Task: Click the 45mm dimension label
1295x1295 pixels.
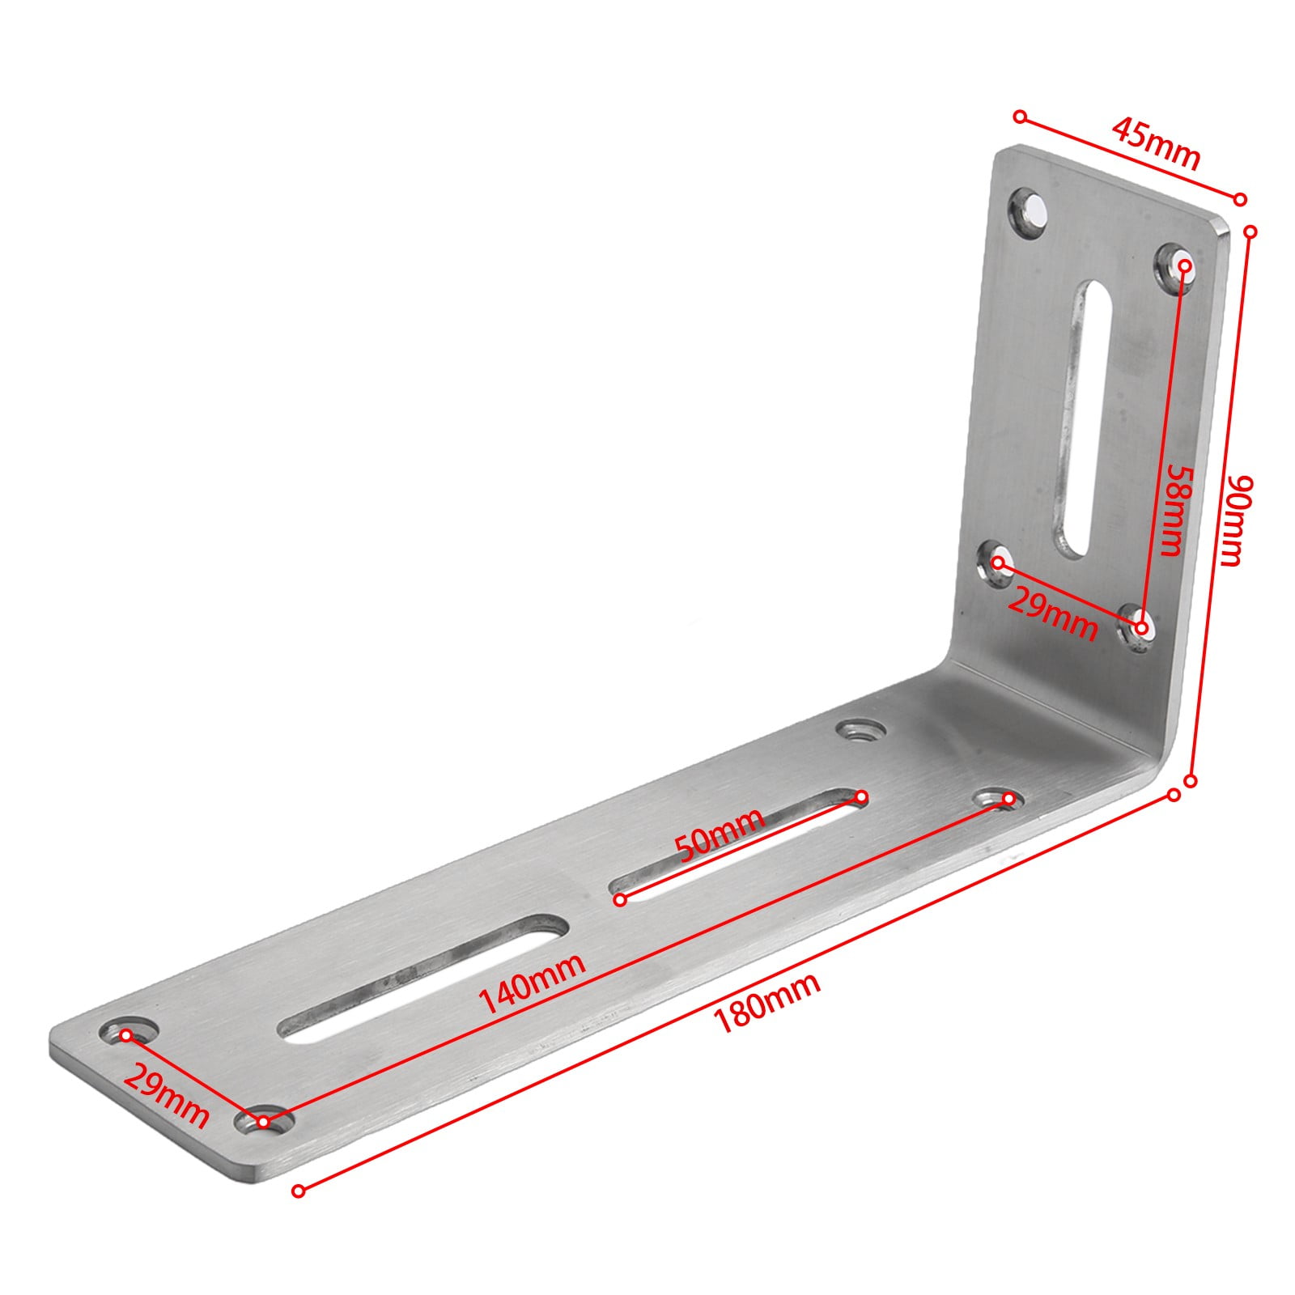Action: click(x=1155, y=144)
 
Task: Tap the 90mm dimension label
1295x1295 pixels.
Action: click(x=1235, y=520)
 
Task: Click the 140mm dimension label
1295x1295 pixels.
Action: click(x=532, y=983)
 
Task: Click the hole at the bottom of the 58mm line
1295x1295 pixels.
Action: click(x=1139, y=627)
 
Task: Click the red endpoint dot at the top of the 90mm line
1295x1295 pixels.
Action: click(x=1250, y=231)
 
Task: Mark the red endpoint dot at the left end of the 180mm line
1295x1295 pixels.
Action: click(x=299, y=1191)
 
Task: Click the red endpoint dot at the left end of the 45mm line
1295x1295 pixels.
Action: click(x=1021, y=117)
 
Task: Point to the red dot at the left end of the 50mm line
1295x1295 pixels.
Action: click(x=621, y=899)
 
